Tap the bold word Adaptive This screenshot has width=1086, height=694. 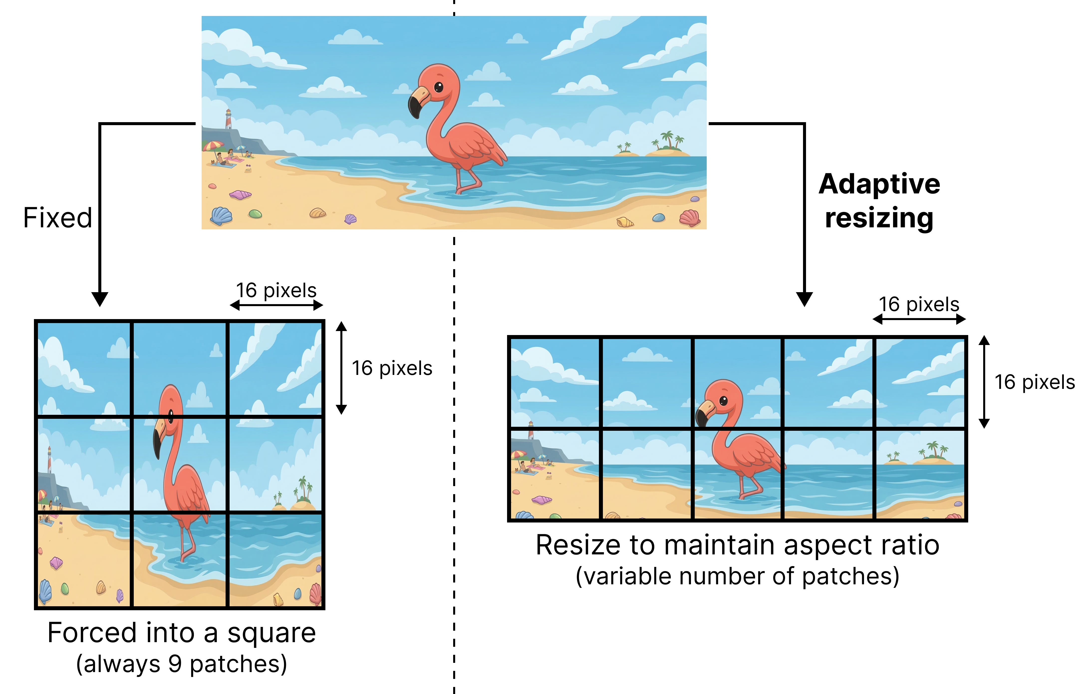coord(879,185)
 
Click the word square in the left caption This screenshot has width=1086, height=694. coord(271,633)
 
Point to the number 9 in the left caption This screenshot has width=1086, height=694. coord(175,664)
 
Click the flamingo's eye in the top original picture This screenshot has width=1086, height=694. coord(438,87)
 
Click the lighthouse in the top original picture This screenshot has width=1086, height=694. coord(228,119)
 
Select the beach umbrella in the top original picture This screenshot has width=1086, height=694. coord(212,146)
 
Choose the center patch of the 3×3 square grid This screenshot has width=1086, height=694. coord(179,464)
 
